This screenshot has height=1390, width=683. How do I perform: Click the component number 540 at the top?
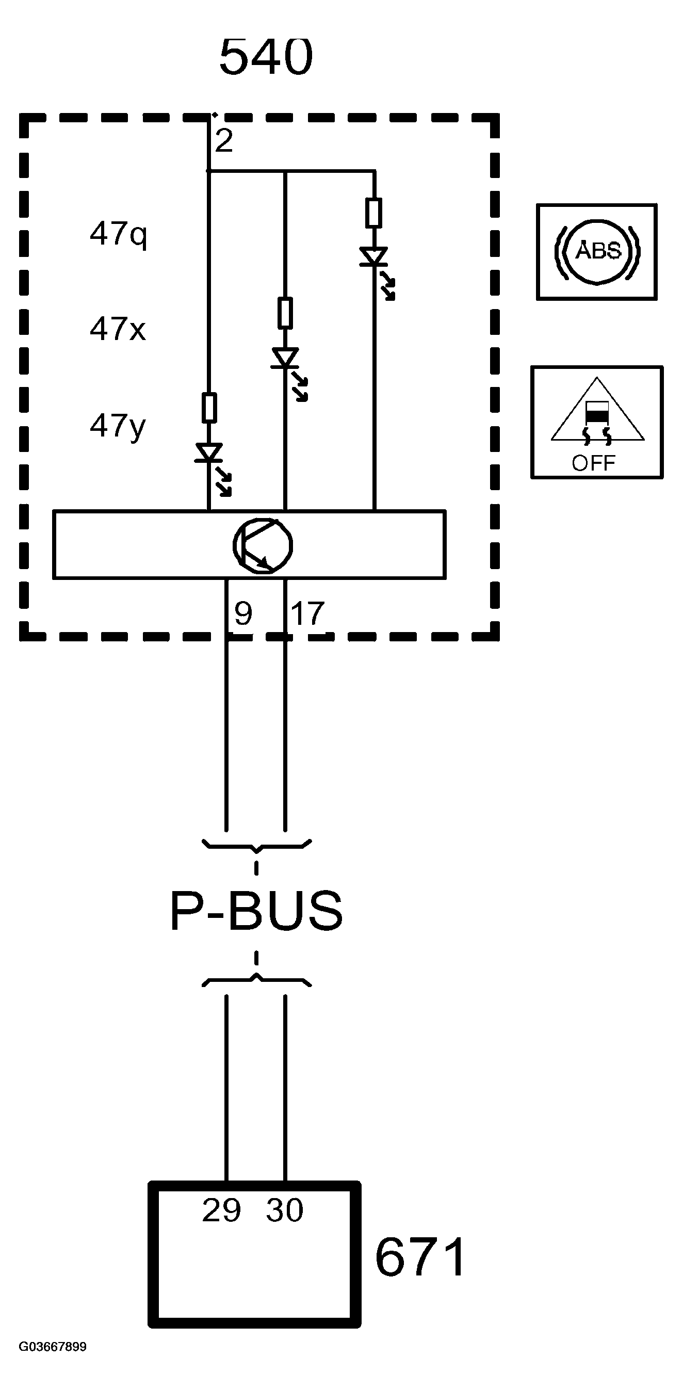pos(266,56)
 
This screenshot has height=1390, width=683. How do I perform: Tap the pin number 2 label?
pos(224,141)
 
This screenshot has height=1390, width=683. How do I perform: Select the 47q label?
pos(118,234)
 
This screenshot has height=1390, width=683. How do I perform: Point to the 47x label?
pos(118,328)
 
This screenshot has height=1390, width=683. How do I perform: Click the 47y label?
pos(118,426)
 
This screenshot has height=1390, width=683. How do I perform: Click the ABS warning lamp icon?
pos(597,251)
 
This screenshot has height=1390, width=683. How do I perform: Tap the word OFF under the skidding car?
pos(593,463)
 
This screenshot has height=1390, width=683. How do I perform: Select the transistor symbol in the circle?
pos(263,545)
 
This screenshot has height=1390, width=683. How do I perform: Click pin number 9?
pos(243,613)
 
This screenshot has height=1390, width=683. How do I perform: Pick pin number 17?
pos(307,613)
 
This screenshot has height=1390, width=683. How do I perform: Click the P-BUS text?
pos(256,911)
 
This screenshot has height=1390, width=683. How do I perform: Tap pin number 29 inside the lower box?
pos(221,1210)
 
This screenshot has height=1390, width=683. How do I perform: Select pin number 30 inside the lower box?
pos(284,1210)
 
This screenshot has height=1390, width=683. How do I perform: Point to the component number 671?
pos(420,1257)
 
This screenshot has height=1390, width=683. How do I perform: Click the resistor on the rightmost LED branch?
pos(374,213)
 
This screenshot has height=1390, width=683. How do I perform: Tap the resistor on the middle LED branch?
pos(285,313)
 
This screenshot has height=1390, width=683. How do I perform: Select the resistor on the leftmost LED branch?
pos(209,408)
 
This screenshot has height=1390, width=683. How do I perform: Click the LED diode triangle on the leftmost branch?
pos(209,452)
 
